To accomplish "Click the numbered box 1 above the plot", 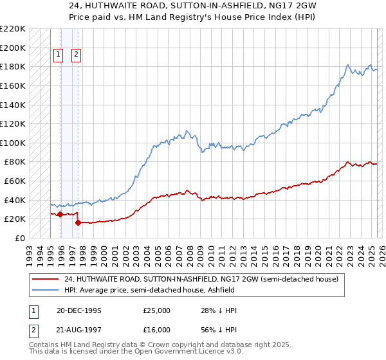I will [x=59, y=55].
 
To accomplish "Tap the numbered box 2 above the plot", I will [x=76, y=55].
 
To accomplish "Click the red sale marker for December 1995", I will [x=60, y=214].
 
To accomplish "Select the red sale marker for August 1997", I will [x=78, y=222].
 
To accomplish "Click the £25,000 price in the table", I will [x=156, y=310].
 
